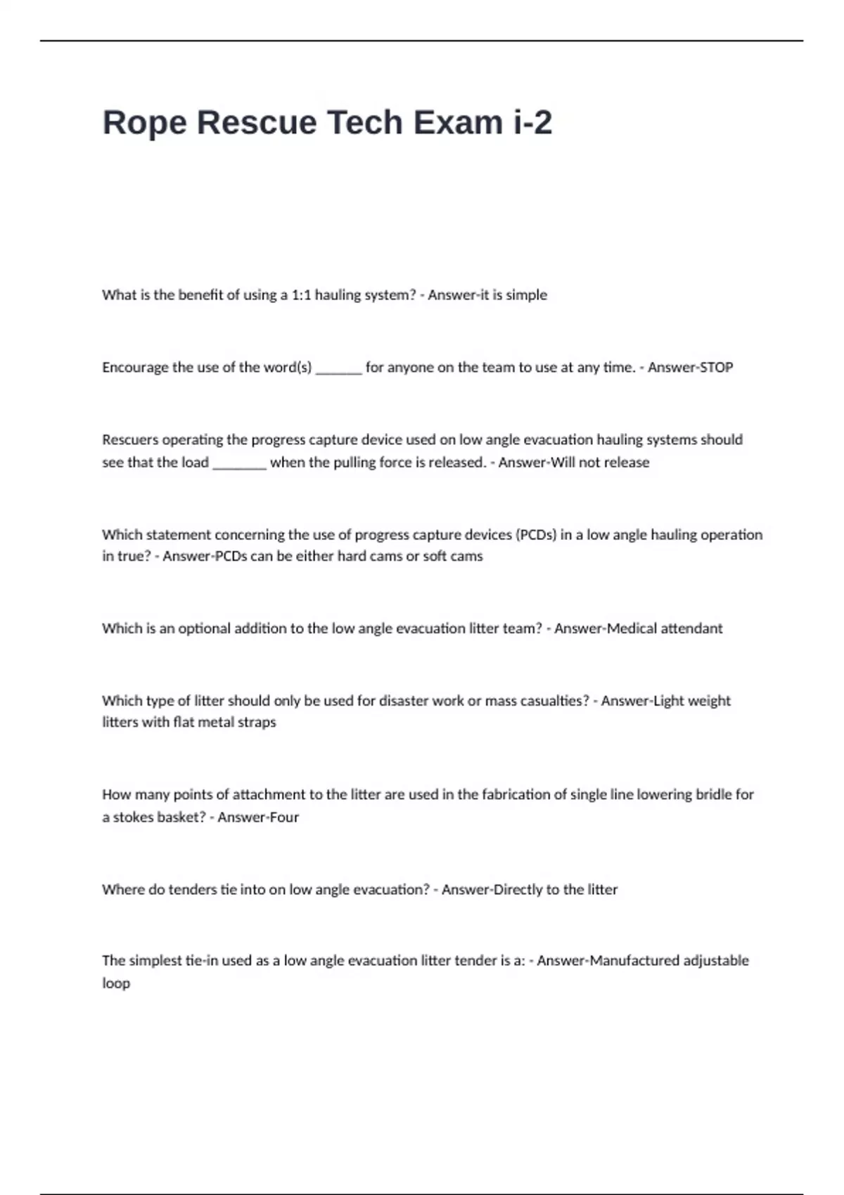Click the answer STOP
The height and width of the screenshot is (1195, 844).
point(712,368)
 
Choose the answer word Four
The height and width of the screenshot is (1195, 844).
point(283,818)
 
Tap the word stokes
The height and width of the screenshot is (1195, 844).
point(133,818)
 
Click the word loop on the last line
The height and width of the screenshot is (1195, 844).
point(116,983)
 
